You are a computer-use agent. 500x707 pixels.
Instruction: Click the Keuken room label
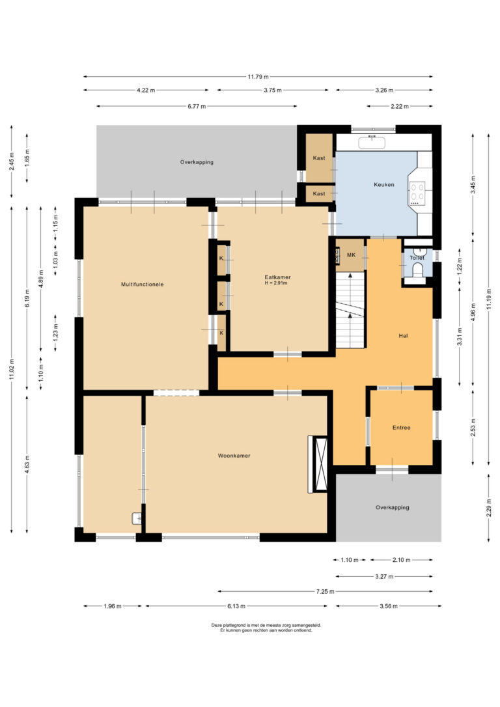coord(383,184)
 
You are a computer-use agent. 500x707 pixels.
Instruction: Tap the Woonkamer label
coord(234,456)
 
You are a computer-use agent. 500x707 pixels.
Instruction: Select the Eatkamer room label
coord(277,277)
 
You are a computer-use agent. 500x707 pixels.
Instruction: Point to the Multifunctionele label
coord(143,284)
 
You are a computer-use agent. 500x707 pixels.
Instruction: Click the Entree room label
coord(401,428)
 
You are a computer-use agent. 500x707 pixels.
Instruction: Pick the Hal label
coord(403,335)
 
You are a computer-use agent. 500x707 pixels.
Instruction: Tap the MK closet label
coord(351,255)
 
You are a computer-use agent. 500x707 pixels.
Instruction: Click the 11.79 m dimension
coord(258,77)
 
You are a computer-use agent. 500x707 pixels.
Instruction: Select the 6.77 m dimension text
coord(197,106)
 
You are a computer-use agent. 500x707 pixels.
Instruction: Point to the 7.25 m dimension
coord(325,592)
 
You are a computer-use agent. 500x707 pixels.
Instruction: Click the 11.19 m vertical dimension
coord(489,299)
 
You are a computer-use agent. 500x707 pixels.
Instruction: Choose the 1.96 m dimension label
coord(112,607)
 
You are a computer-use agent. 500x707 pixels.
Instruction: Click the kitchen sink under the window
coord(372,143)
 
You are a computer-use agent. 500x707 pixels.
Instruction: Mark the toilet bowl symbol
coord(417,271)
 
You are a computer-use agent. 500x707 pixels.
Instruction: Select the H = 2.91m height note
coord(276,283)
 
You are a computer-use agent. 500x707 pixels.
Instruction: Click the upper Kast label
coord(319,158)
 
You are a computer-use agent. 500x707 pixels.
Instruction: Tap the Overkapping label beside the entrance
coord(392,507)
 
